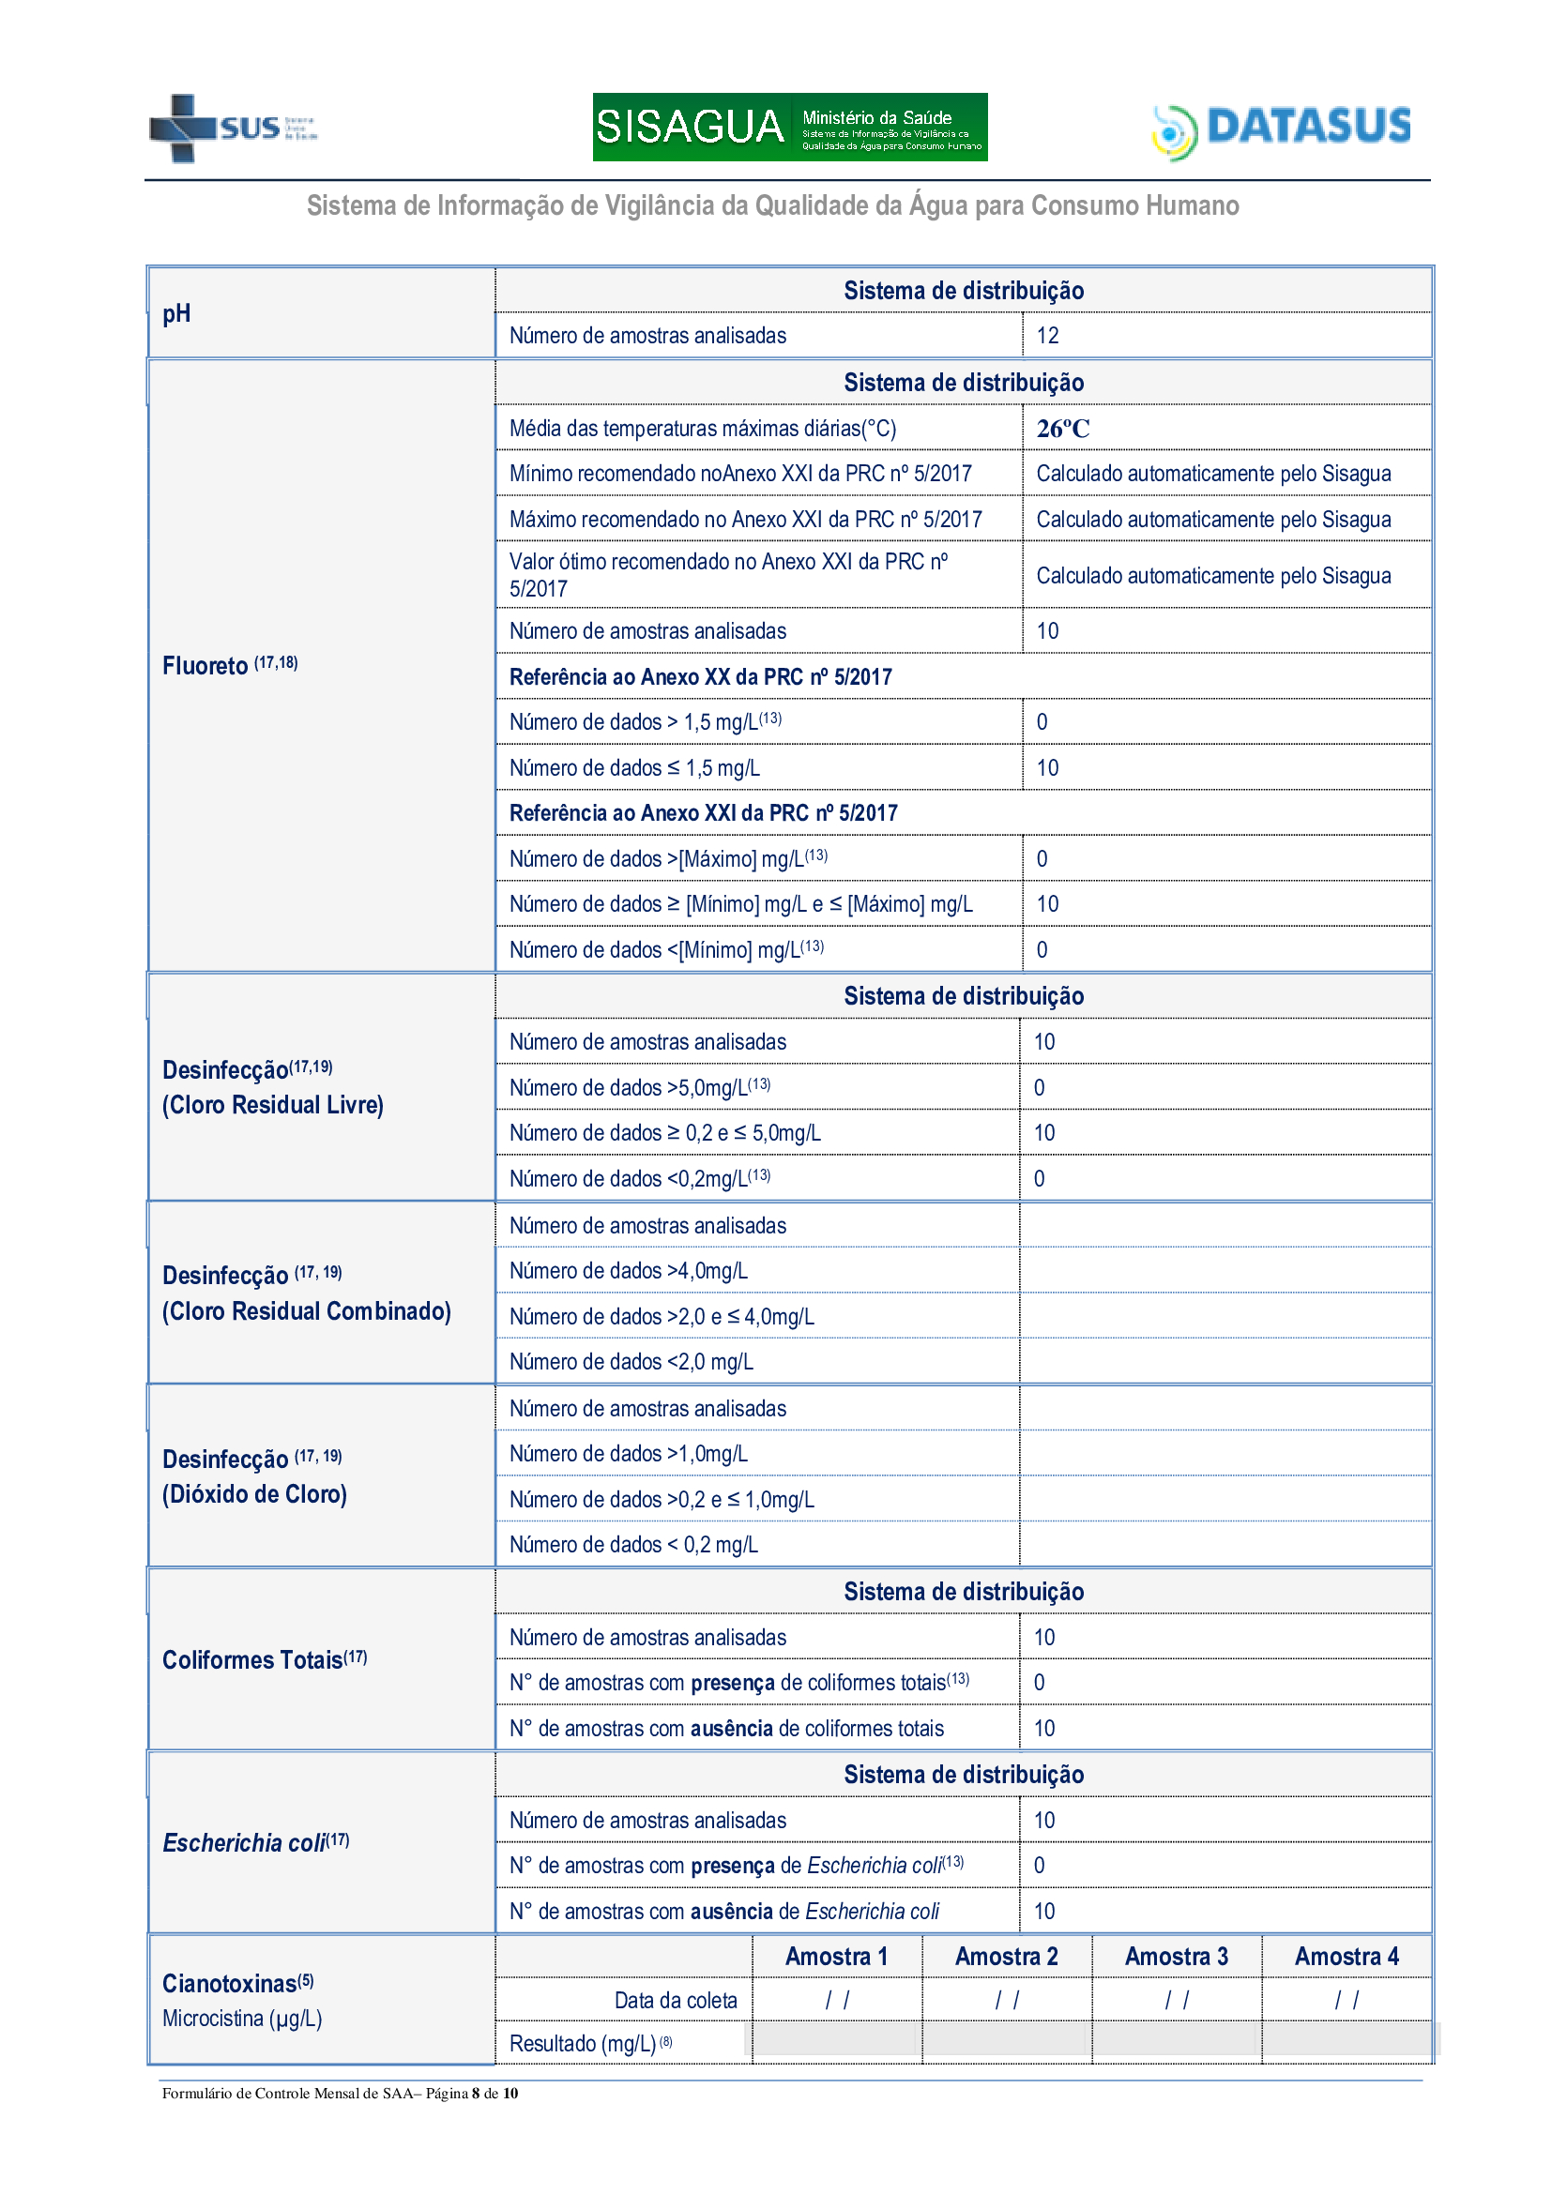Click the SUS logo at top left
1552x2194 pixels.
click(232, 127)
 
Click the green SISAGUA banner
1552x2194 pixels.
click(789, 126)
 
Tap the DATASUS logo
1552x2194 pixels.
click(1282, 129)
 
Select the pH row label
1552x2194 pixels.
click(176, 313)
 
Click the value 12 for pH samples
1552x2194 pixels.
click(1047, 336)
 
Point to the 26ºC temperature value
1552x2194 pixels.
click(1063, 428)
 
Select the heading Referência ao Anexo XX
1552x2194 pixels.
click(701, 676)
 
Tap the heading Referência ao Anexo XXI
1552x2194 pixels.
click(704, 813)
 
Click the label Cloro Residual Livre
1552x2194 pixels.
click(272, 1106)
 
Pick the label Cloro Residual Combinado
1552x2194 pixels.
click(306, 1311)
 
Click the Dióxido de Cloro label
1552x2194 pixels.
click(254, 1494)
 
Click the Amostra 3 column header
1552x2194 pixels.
click(1176, 1956)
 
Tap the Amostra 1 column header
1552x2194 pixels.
click(836, 1956)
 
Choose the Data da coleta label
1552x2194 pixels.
click(676, 2000)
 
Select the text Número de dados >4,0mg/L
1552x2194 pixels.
click(628, 1271)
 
